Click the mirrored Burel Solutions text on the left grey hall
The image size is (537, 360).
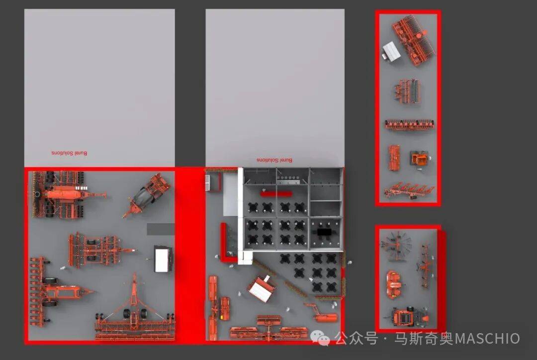pos(69,153)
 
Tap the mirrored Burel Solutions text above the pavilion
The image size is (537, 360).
pos(274,160)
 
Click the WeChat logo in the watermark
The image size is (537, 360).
pos(320,338)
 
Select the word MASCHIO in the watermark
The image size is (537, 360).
pos(487,339)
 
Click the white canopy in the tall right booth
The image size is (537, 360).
pos(391,51)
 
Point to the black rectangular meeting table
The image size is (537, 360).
pos(324,232)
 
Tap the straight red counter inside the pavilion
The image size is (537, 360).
pos(276,194)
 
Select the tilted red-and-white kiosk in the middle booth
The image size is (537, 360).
pos(263,288)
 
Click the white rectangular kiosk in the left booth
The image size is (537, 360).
pos(164,259)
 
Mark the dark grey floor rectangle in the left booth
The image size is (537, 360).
pos(161,229)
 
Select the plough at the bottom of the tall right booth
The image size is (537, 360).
pos(409,191)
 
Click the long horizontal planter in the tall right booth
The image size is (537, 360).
pos(410,125)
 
